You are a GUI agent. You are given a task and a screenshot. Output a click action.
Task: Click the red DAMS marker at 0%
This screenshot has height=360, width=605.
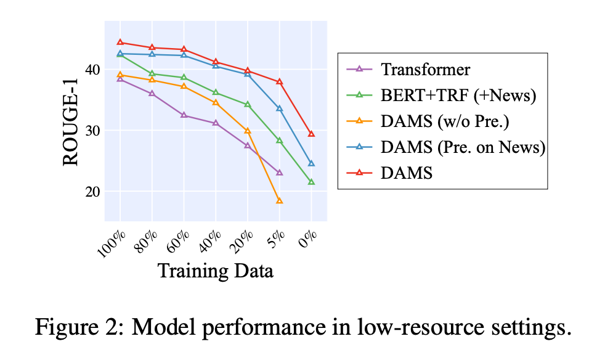[x=311, y=134]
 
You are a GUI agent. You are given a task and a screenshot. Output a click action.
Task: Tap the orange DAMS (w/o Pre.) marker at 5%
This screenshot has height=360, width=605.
[x=279, y=201]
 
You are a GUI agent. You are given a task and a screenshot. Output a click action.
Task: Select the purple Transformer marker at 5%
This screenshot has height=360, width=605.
[x=279, y=173]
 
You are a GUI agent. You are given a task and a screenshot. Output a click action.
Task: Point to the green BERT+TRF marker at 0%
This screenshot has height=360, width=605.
[x=311, y=182]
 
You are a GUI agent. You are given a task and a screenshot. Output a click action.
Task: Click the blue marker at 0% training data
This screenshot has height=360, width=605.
[x=311, y=163]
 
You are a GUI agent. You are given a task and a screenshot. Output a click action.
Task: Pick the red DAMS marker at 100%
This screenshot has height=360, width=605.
[x=120, y=43]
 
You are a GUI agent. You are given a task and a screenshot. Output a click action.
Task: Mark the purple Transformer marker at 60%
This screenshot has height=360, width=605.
[x=184, y=115]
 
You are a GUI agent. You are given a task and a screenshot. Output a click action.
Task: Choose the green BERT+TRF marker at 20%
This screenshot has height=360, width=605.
[x=248, y=105]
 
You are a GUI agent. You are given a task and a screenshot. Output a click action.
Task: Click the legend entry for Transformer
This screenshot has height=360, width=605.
[x=425, y=70]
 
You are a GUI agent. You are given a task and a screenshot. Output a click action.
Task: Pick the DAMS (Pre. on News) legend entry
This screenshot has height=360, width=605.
[x=463, y=147]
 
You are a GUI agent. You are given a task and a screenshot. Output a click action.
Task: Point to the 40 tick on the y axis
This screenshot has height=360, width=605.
[x=91, y=70]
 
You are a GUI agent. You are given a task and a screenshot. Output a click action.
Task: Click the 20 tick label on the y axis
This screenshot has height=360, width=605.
[x=91, y=191]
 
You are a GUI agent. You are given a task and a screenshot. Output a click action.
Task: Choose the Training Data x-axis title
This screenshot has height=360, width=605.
[x=216, y=271]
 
